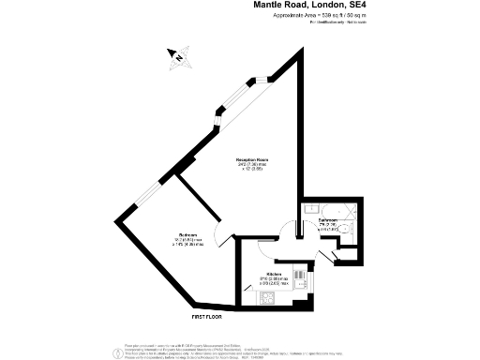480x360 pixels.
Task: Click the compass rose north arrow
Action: pos(175,57)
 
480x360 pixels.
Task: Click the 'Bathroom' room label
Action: pos(327,220)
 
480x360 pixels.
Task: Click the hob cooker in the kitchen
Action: pos(267,299)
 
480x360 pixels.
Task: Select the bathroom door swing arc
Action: pos(297,228)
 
